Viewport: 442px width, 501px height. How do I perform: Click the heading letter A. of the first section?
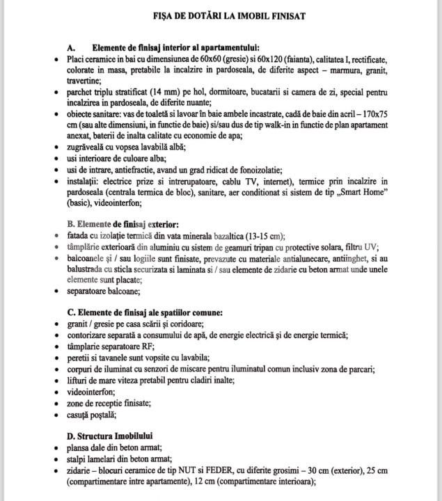[71, 48]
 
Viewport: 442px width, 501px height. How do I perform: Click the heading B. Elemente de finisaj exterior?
[123, 224]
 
